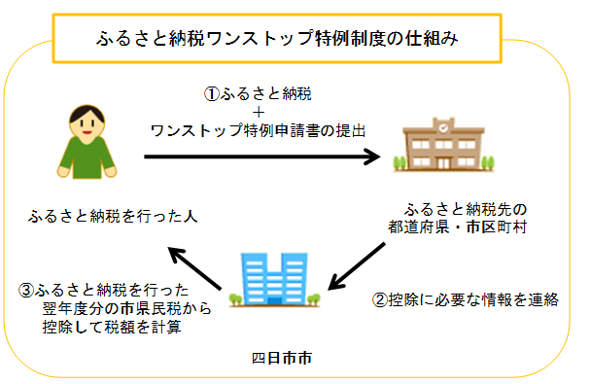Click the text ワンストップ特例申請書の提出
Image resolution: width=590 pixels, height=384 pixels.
point(259,129)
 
